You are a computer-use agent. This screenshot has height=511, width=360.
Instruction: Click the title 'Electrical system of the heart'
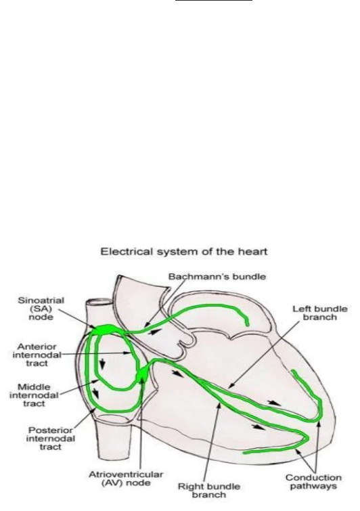tap(184, 252)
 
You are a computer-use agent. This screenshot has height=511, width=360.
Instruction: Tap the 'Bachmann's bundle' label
tap(217, 277)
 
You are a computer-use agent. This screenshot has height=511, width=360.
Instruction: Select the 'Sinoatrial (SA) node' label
tap(41, 309)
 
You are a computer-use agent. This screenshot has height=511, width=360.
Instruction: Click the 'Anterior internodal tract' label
tap(37, 355)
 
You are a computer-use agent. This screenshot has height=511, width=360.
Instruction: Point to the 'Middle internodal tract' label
tap(34, 395)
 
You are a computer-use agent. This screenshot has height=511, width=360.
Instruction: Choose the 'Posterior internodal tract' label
tap(51, 439)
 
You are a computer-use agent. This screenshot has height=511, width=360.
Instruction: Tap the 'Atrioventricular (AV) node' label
tap(126, 479)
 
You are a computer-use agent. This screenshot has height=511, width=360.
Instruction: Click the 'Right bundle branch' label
tap(209, 491)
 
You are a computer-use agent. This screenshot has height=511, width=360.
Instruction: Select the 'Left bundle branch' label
tap(320, 313)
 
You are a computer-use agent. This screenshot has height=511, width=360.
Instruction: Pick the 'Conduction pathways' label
tap(314, 482)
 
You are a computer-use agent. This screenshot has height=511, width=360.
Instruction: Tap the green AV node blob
tap(142, 374)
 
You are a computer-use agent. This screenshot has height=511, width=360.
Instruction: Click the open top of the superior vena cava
tap(98, 301)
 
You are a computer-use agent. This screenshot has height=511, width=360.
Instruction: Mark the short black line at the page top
tap(214, 0)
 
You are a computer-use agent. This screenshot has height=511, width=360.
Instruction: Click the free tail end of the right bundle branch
tap(245, 453)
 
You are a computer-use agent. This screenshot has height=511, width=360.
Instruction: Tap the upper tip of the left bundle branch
tap(293, 371)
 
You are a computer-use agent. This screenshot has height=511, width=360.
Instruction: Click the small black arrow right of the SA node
tap(155, 332)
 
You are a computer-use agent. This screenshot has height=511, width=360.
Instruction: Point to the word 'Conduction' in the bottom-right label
tap(314, 478)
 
